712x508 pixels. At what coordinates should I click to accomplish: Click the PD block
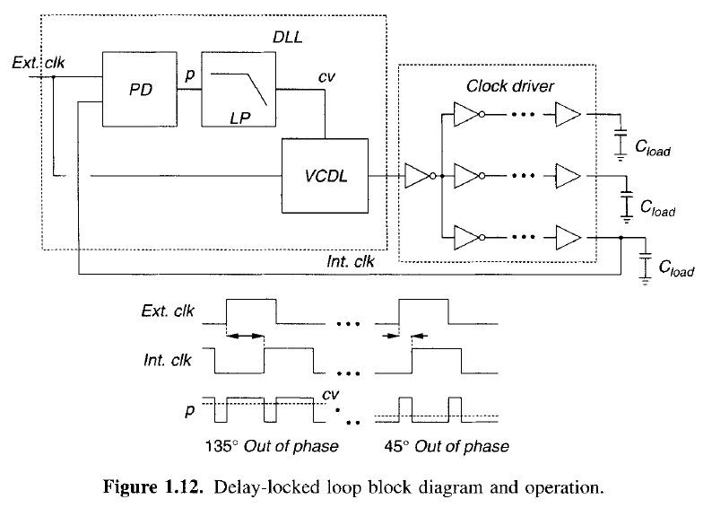[140, 88]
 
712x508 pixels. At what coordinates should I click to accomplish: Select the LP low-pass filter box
[237, 88]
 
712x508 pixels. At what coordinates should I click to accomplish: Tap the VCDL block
[326, 175]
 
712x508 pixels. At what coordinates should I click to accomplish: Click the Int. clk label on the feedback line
[351, 261]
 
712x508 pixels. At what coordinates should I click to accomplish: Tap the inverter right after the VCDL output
[419, 175]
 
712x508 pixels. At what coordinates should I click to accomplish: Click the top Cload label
[649, 152]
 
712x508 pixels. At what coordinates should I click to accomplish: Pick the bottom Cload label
[673, 269]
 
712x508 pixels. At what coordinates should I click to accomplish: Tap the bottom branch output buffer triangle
[568, 237]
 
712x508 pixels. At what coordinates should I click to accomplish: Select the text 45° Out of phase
[452, 446]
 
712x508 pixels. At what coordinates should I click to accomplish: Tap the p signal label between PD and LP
[189, 77]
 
